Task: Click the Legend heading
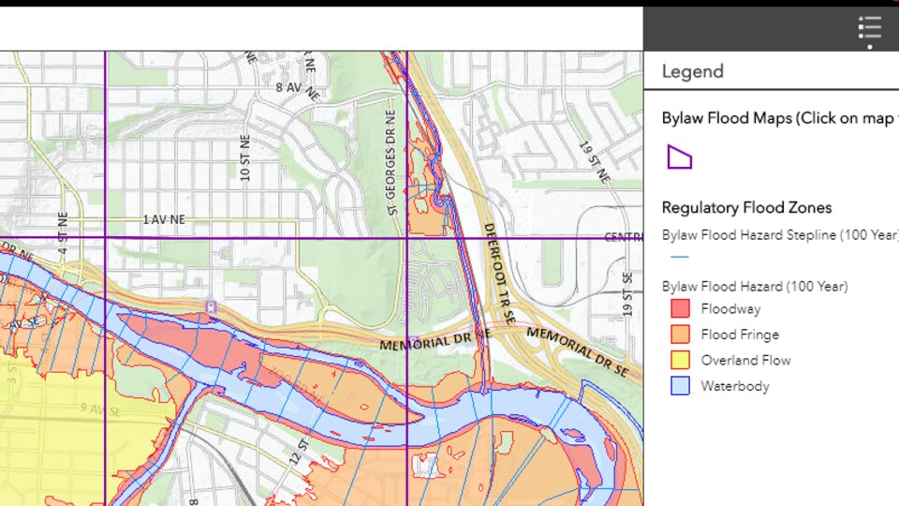coord(692,71)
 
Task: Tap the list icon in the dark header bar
coord(869,28)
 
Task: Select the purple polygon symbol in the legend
coord(679,156)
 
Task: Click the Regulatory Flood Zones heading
coord(746,207)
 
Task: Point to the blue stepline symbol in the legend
coord(680,257)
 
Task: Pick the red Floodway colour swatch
coord(680,308)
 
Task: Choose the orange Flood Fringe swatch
coord(680,334)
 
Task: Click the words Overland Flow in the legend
coord(745,360)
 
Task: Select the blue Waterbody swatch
coord(680,385)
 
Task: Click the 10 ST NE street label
coord(245,161)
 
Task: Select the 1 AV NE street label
coord(164,219)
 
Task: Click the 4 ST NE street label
coord(63,233)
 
